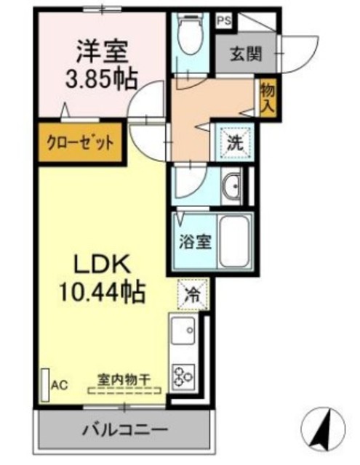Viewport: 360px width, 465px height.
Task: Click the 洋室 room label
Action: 103,52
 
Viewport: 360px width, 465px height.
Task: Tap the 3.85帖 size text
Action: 102,79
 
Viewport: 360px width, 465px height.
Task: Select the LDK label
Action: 102,264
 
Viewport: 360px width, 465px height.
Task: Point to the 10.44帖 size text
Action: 103,292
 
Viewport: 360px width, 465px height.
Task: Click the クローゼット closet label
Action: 80,144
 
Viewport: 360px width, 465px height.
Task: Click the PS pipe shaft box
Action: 225,21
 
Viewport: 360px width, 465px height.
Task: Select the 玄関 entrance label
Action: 246,54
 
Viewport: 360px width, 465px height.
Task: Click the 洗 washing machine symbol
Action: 236,143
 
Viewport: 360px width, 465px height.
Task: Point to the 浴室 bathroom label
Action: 195,242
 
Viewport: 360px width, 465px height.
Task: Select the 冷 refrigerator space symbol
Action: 193,296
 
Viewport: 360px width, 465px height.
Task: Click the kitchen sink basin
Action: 183,330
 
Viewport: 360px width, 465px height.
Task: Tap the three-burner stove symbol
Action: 183,376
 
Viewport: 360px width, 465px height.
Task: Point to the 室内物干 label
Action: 124,380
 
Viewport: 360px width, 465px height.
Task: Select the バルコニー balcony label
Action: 125,429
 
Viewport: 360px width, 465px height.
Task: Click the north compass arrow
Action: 323,428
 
